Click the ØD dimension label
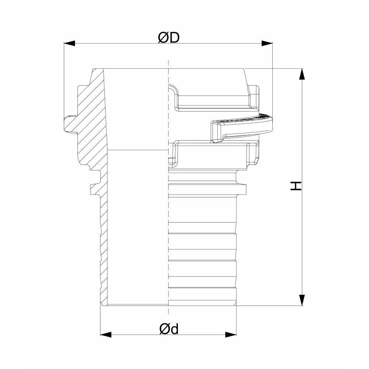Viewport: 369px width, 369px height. tap(169, 37)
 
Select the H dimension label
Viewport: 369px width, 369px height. tap(296, 186)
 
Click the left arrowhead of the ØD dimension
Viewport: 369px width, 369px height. tap(69, 43)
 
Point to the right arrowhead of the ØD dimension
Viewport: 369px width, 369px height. tap(267, 43)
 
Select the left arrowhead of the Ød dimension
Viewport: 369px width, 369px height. tap(106, 334)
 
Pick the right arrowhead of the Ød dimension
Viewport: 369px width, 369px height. tap(231, 334)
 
